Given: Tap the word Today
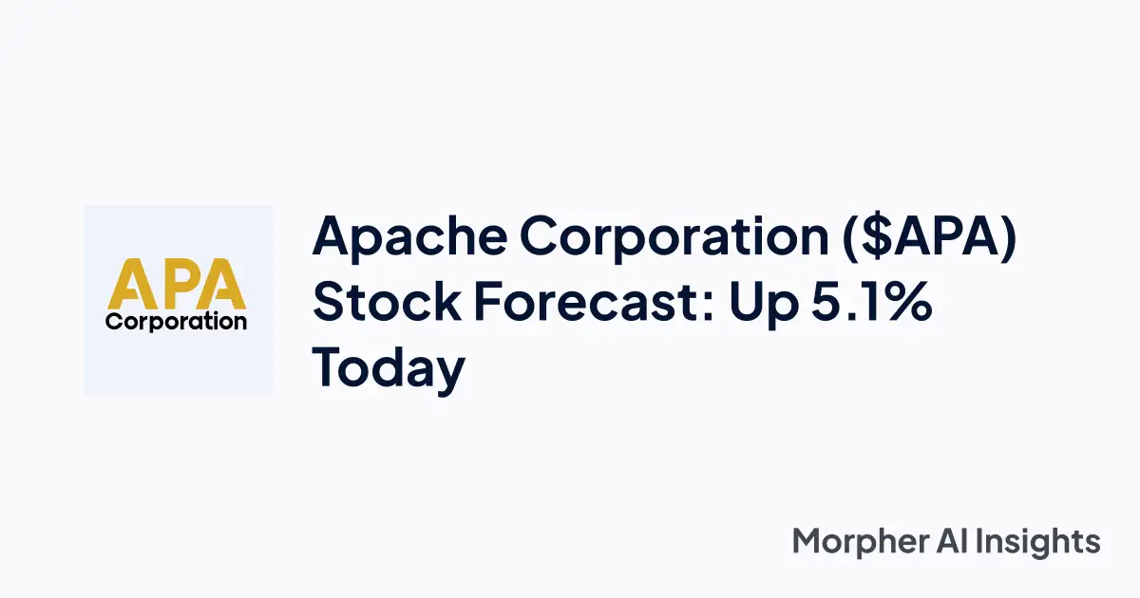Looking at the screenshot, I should click(389, 367).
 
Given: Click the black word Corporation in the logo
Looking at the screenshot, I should click(177, 321).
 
